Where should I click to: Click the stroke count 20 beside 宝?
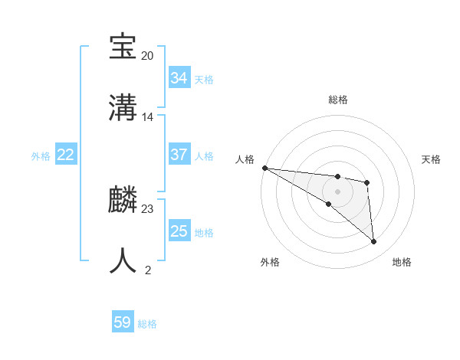[147, 56]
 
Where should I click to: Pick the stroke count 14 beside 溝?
[147, 117]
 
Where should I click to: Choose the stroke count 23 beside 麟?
[147, 208]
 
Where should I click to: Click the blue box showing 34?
[179, 78]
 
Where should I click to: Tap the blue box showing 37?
[179, 155]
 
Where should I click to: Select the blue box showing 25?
[179, 231]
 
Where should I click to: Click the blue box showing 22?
[66, 155]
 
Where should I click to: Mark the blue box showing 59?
[123, 322]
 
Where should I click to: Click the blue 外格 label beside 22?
[41, 156]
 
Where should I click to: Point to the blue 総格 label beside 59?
[147, 324]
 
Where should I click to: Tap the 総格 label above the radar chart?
[337, 100]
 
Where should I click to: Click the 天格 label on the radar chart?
[431, 159]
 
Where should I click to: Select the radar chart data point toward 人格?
[264, 168]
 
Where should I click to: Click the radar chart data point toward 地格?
[373, 241]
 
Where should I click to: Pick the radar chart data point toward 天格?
[367, 182]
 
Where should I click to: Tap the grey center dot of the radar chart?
[337, 191]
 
